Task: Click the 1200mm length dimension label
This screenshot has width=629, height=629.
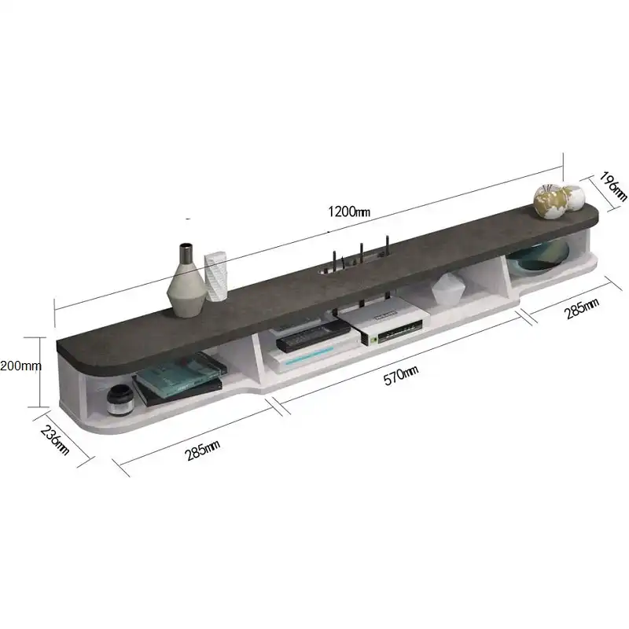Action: point(349,212)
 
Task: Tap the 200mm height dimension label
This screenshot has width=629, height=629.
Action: point(20,366)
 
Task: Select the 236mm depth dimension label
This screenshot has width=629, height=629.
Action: point(55,440)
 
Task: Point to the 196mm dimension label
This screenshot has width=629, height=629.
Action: point(613,186)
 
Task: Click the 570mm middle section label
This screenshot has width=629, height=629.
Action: point(401,375)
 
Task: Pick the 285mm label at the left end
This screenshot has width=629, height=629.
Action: point(202,450)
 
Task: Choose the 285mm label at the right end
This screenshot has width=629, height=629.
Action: point(582,308)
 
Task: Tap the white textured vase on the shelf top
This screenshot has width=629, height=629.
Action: point(215,276)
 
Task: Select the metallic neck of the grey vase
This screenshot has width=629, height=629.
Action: point(186,253)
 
